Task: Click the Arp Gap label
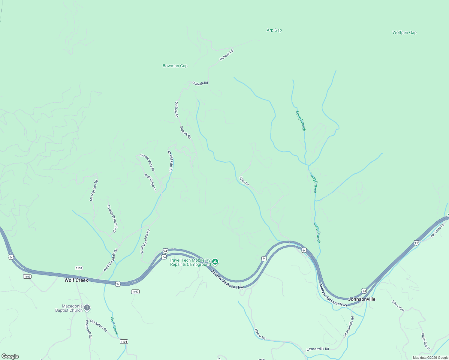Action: click(x=274, y=30)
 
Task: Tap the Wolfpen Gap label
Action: click(x=404, y=32)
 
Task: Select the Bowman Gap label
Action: click(x=175, y=66)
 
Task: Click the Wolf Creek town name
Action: click(x=76, y=280)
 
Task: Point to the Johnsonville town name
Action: click(x=362, y=299)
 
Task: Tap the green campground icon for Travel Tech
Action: click(x=215, y=262)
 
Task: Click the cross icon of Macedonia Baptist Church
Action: click(x=87, y=307)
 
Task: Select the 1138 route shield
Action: click(x=79, y=268)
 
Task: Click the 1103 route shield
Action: click(x=27, y=276)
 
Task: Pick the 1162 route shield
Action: click(x=135, y=292)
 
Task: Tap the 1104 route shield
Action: click(x=124, y=341)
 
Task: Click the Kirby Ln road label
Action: click(x=244, y=181)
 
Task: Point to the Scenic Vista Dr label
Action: click(x=147, y=162)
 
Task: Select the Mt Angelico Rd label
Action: click(x=94, y=190)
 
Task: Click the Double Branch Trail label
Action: click(x=112, y=219)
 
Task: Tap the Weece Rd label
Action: click(x=260, y=334)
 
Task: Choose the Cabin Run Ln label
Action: click(x=426, y=341)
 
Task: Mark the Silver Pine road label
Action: click(x=398, y=306)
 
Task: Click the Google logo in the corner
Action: click(x=10, y=356)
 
